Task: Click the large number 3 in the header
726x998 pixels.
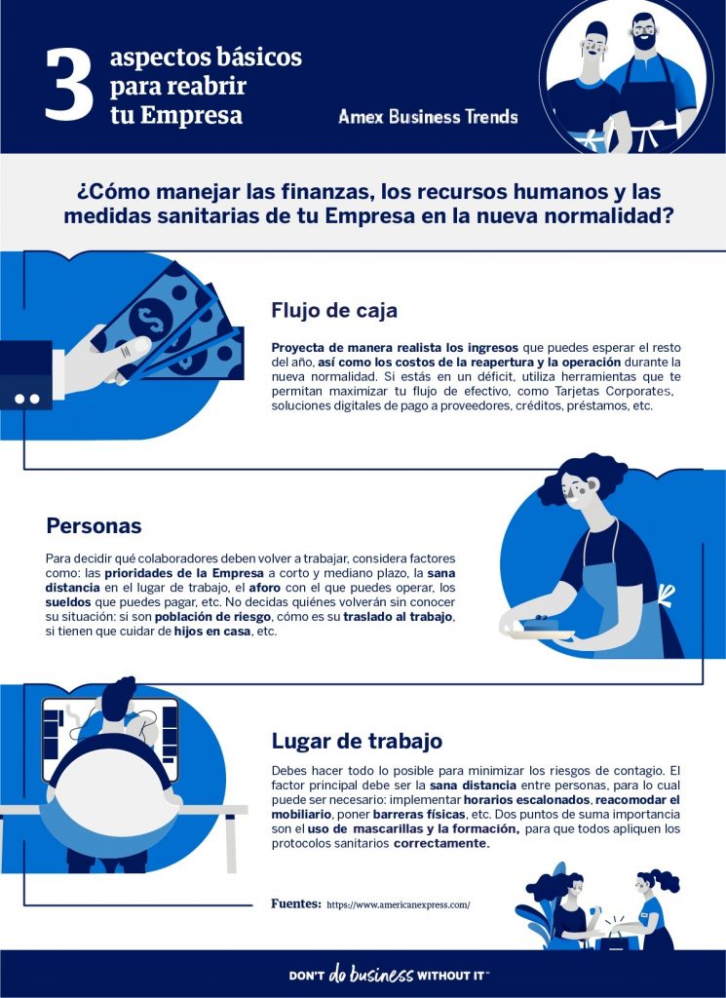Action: (69, 86)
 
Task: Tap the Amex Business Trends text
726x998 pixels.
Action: (428, 117)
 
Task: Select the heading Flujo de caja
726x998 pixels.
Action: (334, 310)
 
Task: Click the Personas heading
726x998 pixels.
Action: (94, 525)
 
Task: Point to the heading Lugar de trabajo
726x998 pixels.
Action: (357, 741)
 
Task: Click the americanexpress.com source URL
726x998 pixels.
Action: (399, 904)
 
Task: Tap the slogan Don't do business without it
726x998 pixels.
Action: (389, 975)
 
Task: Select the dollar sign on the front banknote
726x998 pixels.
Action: (151, 318)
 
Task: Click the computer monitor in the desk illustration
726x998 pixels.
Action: (110, 739)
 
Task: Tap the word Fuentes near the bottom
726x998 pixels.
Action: (296, 903)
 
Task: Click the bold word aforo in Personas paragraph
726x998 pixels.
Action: (265, 588)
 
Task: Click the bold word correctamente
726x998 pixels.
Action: (441, 843)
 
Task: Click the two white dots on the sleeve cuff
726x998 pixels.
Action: (26, 399)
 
